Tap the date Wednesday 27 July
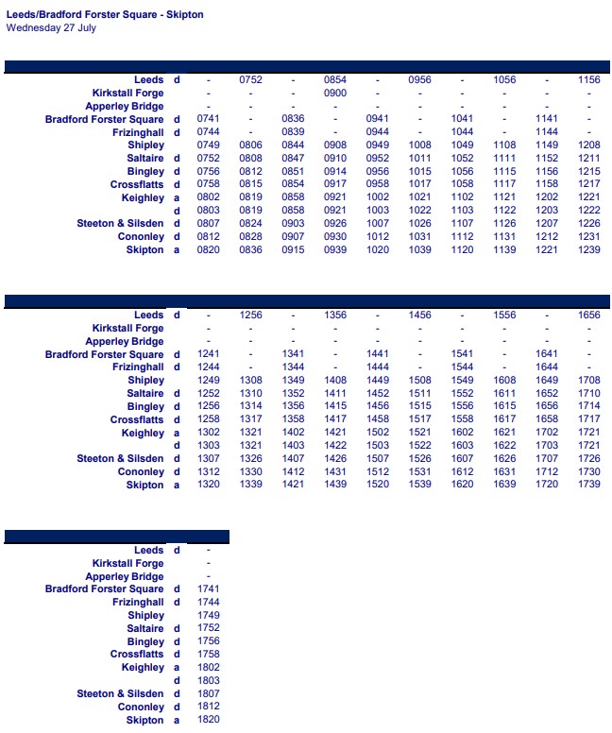[x=51, y=27]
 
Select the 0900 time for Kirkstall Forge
[x=335, y=94]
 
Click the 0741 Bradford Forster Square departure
[x=209, y=119]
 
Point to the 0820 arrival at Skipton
[x=209, y=250]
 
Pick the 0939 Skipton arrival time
[x=335, y=250]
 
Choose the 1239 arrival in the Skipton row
[x=588, y=250]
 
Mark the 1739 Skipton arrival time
[x=588, y=485]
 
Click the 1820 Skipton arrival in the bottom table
[x=209, y=720]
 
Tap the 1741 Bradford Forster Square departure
[x=209, y=589]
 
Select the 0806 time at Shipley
[x=250, y=145]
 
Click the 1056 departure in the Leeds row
[x=504, y=80]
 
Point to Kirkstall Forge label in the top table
[x=127, y=94]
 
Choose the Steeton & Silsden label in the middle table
[x=120, y=459]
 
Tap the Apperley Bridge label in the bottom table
[x=124, y=576]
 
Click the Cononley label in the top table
[x=141, y=237]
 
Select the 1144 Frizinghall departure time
[x=547, y=132]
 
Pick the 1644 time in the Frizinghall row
[x=547, y=367]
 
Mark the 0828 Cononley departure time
[x=250, y=237]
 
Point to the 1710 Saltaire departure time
[x=588, y=394]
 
